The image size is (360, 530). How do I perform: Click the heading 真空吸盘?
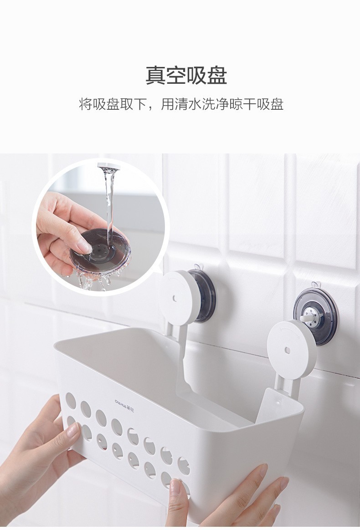(186, 76)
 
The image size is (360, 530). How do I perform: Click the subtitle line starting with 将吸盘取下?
(181, 104)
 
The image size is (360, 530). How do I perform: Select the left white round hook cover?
(178, 298)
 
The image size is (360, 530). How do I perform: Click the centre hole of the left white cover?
(175, 298)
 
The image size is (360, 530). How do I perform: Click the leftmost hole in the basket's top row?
(70, 401)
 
